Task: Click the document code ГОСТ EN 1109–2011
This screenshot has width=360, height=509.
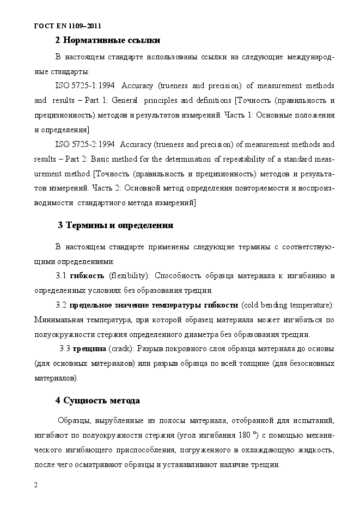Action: point(68,26)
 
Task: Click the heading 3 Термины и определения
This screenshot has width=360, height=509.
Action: point(115,225)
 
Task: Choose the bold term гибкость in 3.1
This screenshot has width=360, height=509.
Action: point(87,275)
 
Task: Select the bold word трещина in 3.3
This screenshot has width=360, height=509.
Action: point(90,348)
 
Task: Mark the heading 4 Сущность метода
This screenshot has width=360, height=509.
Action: point(97,401)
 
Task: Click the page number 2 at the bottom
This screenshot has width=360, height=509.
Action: point(35,485)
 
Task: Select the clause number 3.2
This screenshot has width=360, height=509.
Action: point(61,304)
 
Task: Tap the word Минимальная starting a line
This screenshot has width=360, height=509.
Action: point(57,319)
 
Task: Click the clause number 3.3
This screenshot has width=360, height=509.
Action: point(65,348)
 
